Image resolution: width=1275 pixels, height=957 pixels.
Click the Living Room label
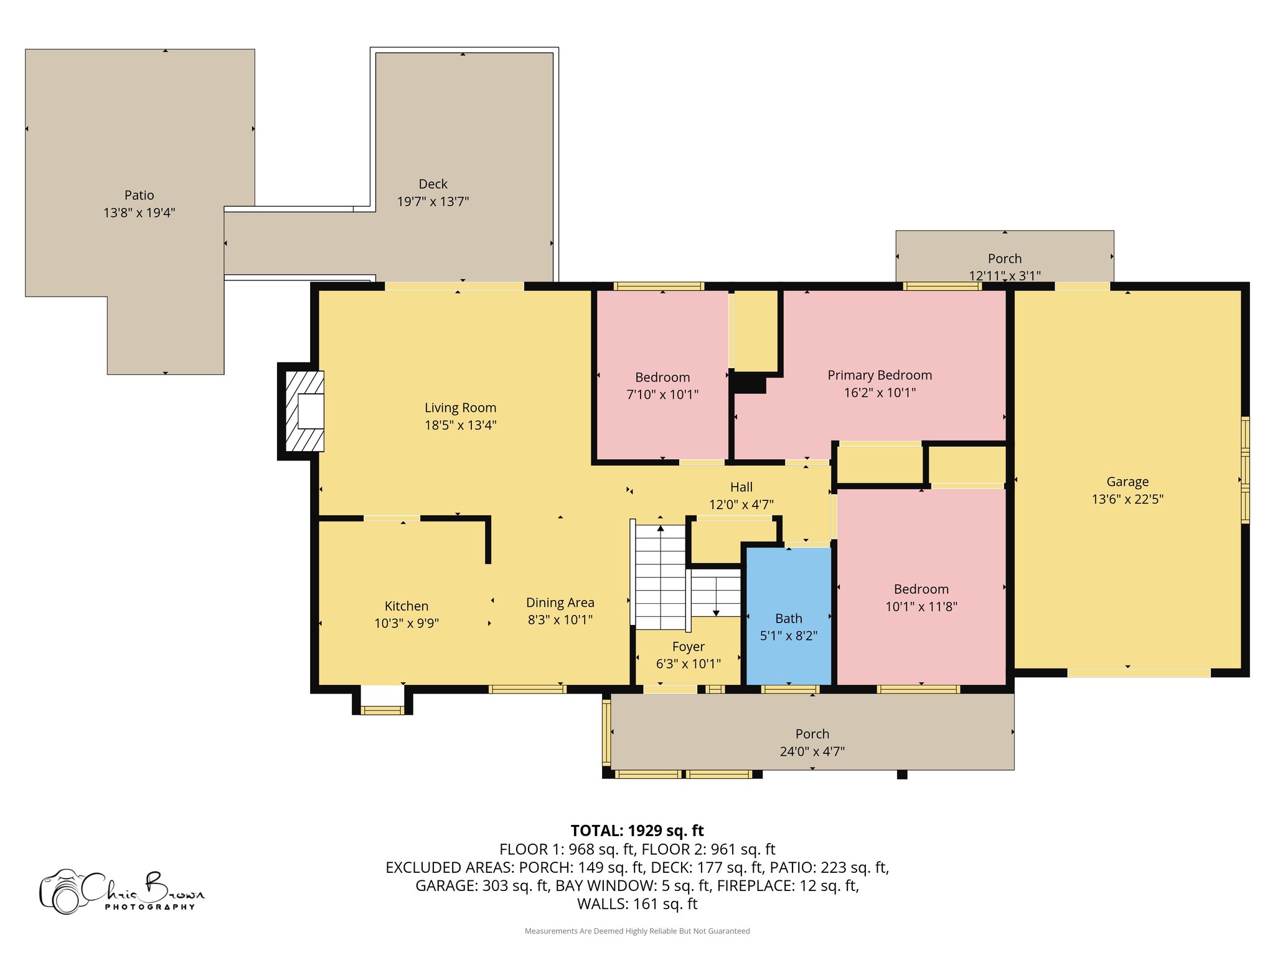pos(460,407)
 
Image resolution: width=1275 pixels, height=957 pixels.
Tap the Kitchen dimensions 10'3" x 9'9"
pos(407,623)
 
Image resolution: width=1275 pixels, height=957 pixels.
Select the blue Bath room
pos(789,616)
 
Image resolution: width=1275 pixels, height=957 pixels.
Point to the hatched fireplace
pos(304,411)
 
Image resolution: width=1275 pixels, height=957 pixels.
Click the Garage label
pos(1127,482)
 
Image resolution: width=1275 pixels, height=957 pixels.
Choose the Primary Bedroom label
pos(880,375)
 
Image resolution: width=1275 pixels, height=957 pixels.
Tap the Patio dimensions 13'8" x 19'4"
pos(139,212)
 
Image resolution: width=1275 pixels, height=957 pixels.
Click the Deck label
pos(433,184)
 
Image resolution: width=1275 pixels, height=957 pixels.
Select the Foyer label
pos(689,647)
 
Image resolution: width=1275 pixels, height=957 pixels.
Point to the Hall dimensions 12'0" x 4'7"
pos(741,504)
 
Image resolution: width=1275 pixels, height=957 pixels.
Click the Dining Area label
pos(560,602)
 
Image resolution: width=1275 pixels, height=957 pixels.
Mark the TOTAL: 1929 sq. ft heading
pos(637,831)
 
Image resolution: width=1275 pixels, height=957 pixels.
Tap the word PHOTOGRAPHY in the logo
pos(150,907)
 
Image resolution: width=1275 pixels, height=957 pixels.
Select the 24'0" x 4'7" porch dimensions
pos(812,751)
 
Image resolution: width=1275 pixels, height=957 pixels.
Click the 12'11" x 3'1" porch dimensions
pos(1005,275)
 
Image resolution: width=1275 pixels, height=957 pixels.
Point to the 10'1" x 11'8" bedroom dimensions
pos(921,606)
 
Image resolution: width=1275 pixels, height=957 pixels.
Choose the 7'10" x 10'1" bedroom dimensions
pos(662,394)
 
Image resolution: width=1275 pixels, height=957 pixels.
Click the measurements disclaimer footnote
pos(637,931)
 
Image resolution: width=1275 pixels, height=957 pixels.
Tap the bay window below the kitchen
pos(382,700)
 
